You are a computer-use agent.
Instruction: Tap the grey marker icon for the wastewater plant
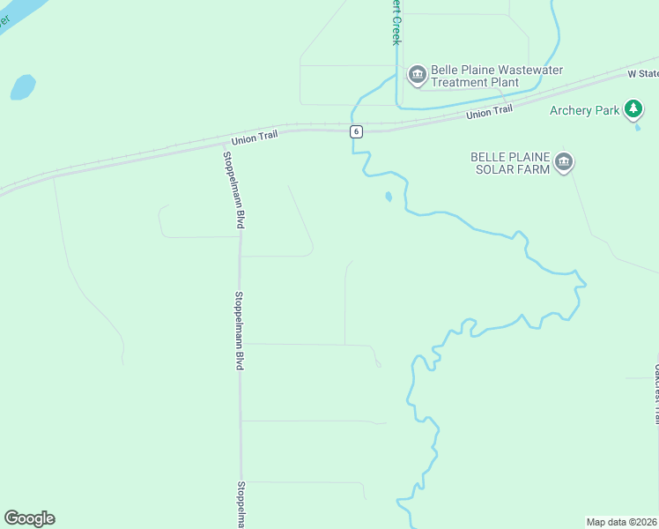pos(417,75)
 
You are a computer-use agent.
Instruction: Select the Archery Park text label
pos(585,110)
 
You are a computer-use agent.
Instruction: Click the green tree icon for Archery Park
pos(633,109)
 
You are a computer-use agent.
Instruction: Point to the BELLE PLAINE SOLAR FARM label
pos(510,162)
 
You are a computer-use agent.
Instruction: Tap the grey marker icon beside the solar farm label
pos(564,162)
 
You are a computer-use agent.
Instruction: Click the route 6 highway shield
pos(355,131)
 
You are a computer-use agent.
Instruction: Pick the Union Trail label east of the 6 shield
pos(489,113)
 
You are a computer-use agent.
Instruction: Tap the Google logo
pos(29,518)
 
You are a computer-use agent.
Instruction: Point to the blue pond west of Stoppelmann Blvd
pos(23,86)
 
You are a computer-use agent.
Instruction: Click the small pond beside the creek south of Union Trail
pos(388,197)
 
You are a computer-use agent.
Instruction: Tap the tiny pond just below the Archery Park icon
pos(637,129)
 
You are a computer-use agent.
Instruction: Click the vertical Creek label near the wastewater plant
pos(396,22)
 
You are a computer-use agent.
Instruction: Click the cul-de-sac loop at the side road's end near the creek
pos(377,362)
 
